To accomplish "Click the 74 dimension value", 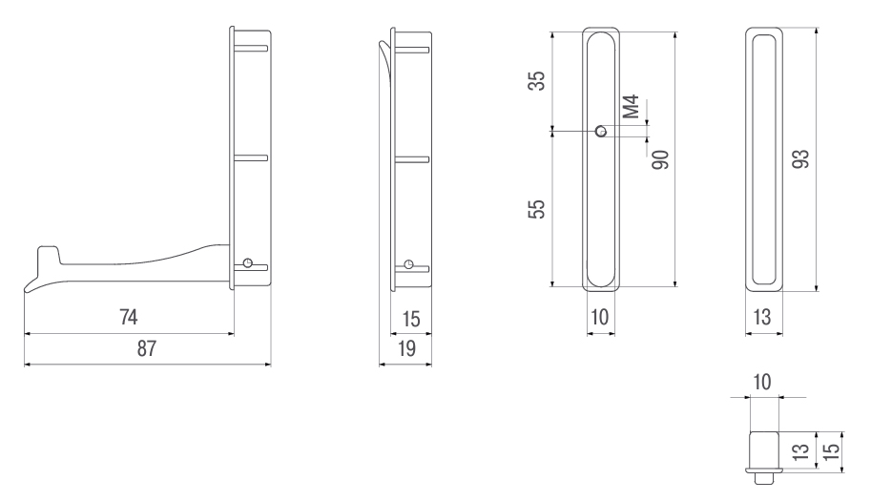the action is pyautogui.click(x=129, y=317).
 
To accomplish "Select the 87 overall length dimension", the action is pyautogui.click(x=147, y=349).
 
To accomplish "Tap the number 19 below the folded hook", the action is pyautogui.click(x=406, y=349).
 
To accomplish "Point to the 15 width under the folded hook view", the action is pyautogui.click(x=411, y=320).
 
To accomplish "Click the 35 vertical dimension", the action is pyautogui.click(x=537, y=80).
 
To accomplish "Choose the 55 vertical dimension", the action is pyautogui.click(x=537, y=209).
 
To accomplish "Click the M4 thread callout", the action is pyautogui.click(x=631, y=107).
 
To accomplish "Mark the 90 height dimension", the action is pyautogui.click(x=661, y=160).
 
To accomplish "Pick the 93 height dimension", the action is pyautogui.click(x=800, y=159).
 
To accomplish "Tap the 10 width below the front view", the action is pyautogui.click(x=600, y=317).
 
